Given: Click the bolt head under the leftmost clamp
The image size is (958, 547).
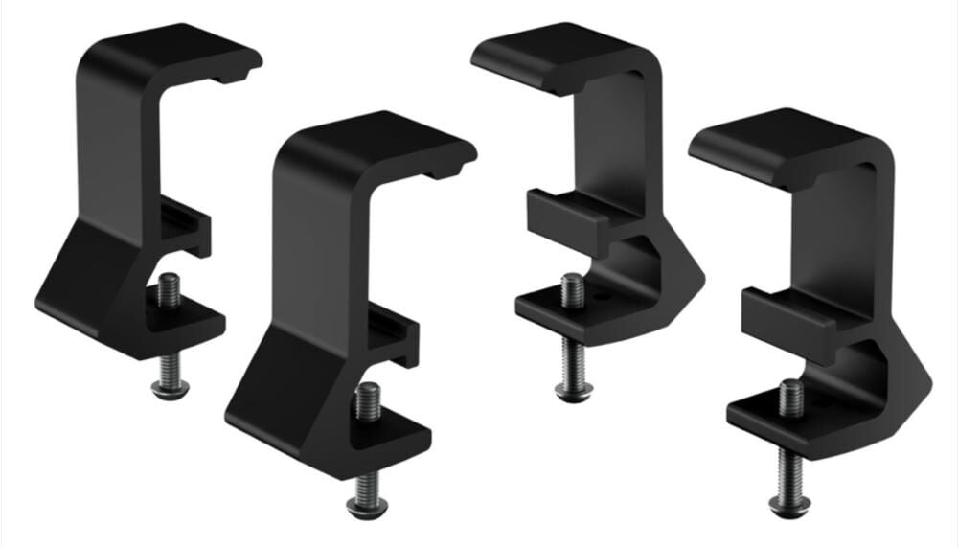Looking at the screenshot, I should [x=170, y=389].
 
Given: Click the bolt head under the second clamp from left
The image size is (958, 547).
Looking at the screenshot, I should [x=367, y=505].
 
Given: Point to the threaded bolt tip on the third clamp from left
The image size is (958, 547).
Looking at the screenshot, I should [x=572, y=288].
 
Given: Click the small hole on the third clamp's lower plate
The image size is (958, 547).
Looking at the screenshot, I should [x=602, y=298].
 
